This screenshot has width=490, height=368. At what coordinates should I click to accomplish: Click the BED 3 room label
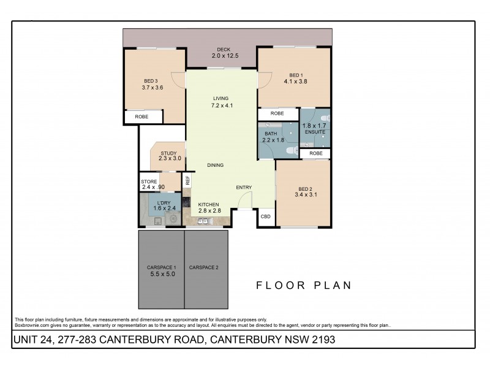(x=151, y=81)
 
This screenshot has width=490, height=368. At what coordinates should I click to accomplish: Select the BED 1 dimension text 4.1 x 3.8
(x=296, y=81)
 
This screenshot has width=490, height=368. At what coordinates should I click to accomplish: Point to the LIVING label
(x=221, y=98)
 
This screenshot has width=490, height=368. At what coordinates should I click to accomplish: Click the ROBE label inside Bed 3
(x=141, y=117)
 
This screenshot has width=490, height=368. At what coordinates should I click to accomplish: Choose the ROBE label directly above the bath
(x=277, y=113)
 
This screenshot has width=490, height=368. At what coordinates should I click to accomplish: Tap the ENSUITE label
(x=315, y=132)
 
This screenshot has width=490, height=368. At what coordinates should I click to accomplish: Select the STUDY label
(x=168, y=153)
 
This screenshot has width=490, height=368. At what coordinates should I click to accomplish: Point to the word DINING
(x=215, y=165)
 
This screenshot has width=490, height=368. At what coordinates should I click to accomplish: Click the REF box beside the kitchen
(x=188, y=180)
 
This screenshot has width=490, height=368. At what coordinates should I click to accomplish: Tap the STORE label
(x=149, y=182)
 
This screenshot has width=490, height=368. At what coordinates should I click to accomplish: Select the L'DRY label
(x=164, y=202)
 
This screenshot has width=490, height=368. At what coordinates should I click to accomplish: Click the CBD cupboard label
(x=266, y=217)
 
